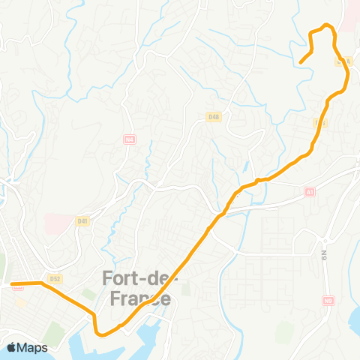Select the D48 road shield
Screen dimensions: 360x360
click(x=214, y=116)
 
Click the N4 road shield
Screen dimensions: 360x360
click(x=129, y=139)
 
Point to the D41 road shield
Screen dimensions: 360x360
click(x=82, y=220)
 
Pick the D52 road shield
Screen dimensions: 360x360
click(x=54, y=278)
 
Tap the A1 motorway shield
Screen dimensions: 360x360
click(x=310, y=192)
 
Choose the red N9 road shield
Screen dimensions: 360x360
click(x=328, y=301)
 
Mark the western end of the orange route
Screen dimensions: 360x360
click(x=12, y=284)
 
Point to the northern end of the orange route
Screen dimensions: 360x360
click(x=301, y=62)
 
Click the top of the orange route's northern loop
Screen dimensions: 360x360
click(x=325, y=26)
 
